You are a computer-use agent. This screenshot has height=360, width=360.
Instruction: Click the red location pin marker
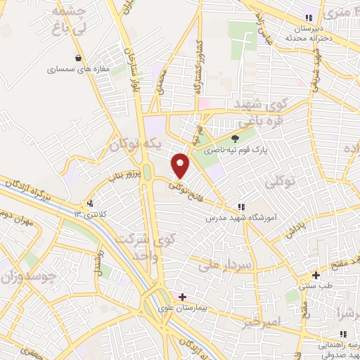pos(181,166)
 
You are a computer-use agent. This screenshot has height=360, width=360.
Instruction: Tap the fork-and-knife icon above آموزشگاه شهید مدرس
pos(241,207)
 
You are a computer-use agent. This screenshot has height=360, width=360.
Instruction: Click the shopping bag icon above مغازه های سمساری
pos(77,58)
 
